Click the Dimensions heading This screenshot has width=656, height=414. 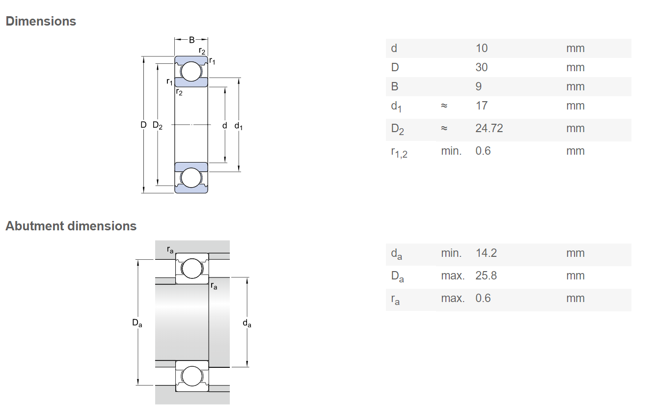click(x=41, y=22)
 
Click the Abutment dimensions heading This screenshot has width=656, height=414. click(x=71, y=226)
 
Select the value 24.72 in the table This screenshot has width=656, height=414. click(x=489, y=128)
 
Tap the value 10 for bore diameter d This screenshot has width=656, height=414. click(x=482, y=48)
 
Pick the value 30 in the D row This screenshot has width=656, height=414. click(x=482, y=67)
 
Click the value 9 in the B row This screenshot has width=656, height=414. click(x=479, y=86)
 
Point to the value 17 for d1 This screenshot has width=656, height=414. click(x=482, y=106)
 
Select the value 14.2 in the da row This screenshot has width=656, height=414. click(x=486, y=253)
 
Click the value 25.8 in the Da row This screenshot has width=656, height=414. click(x=486, y=276)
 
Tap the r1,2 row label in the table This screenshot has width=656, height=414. click(x=399, y=152)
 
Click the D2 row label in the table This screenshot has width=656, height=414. click(x=397, y=129)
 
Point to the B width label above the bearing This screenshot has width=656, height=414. click(x=191, y=40)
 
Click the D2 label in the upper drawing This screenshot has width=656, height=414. click(x=157, y=125)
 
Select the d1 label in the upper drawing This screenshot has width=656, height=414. click(x=238, y=126)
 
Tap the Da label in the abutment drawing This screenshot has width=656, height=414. click(x=137, y=323)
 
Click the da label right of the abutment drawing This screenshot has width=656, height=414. click(x=247, y=324)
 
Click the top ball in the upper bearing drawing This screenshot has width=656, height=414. click(x=191, y=72)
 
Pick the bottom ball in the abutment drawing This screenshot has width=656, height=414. click(x=192, y=376)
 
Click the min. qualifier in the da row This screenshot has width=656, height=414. click(x=451, y=253)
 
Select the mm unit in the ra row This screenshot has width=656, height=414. click(x=575, y=298)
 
